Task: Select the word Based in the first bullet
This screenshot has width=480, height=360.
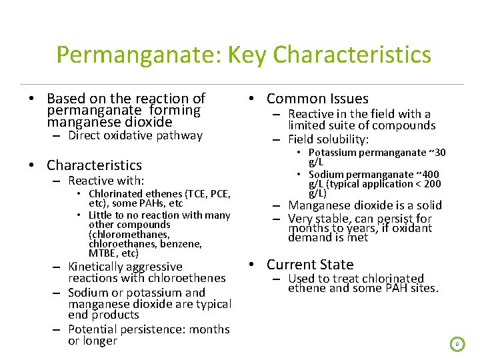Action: tap(66, 99)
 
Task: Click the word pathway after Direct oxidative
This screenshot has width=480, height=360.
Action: tap(180, 135)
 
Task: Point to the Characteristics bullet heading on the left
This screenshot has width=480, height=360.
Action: tap(94, 165)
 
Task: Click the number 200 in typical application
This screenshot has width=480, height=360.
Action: tap(431, 184)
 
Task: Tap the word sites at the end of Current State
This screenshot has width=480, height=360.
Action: tap(423, 289)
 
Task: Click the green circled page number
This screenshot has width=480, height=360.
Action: tap(457, 344)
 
